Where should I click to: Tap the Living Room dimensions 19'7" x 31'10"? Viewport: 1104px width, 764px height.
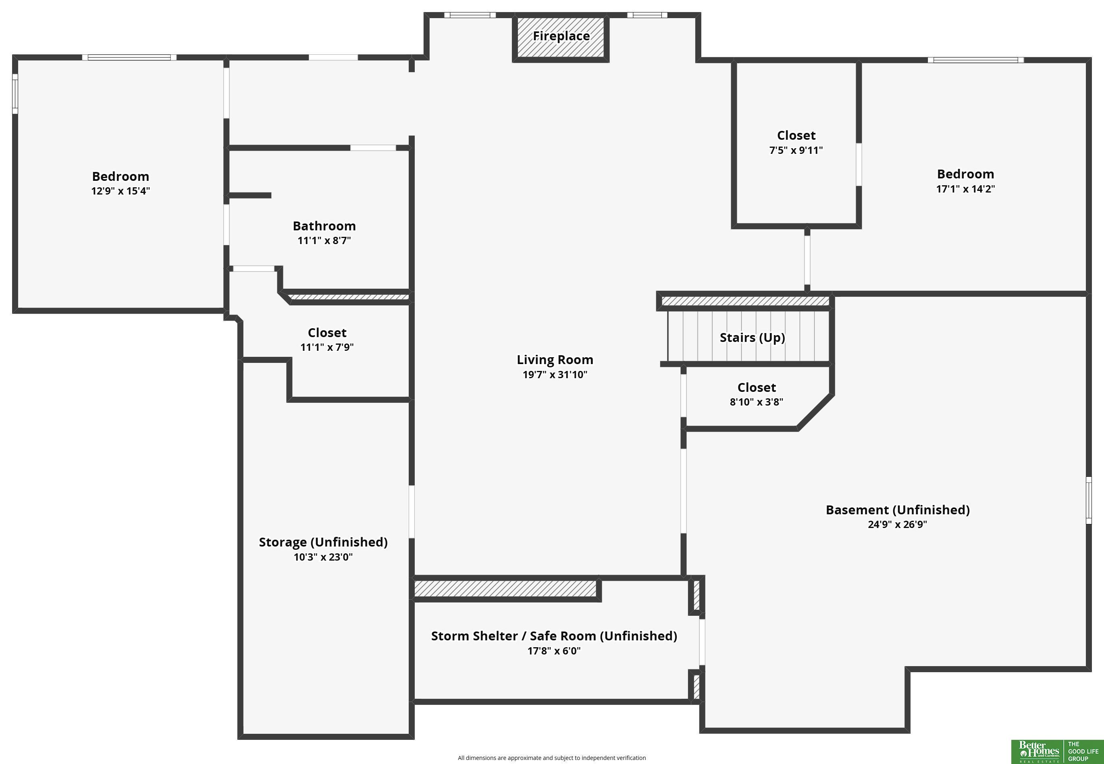[x=555, y=374]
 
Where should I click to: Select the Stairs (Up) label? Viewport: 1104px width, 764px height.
[x=752, y=337]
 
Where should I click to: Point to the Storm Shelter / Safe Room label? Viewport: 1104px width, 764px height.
[x=554, y=636]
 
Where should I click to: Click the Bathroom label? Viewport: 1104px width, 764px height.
[x=324, y=226]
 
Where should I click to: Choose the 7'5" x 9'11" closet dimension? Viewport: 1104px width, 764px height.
[x=796, y=150]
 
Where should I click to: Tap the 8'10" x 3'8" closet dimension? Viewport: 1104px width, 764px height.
[x=756, y=402]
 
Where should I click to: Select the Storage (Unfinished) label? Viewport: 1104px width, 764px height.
[x=323, y=542]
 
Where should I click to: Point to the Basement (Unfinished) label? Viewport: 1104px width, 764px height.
[x=898, y=510]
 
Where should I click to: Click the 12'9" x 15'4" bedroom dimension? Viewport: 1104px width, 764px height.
[x=120, y=191]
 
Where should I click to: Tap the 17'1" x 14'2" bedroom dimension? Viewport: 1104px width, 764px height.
[x=965, y=189]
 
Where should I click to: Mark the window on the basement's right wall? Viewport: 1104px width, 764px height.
[x=1088, y=500]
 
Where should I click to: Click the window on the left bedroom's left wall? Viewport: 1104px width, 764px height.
[x=15, y=94]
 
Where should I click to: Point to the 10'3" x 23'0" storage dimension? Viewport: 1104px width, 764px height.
[x=323, y=557]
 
